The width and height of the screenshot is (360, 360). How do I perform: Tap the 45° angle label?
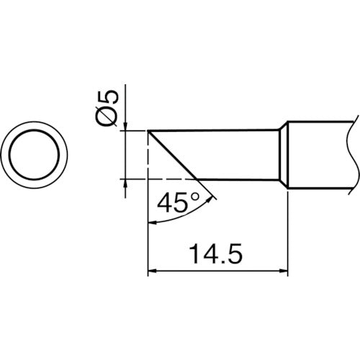tap(174, 204)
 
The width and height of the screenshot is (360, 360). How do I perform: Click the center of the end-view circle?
tap(38, 156)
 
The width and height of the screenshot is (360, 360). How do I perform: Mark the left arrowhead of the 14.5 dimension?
tap(151, 271)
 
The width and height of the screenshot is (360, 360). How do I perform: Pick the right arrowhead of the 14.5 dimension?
tap(284, 271)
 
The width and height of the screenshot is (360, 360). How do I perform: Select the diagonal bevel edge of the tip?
tap(173, 155)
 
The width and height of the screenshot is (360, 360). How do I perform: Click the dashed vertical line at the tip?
tap(148, 155)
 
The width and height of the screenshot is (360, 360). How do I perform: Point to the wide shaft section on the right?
tap(320, 154)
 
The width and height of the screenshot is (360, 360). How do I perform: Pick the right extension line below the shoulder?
tap(288, 230)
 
